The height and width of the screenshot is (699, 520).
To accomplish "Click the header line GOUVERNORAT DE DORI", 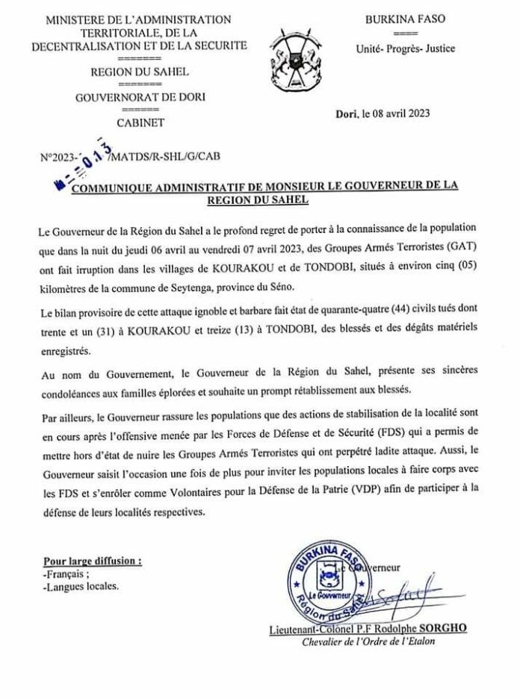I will click(140, 96).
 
